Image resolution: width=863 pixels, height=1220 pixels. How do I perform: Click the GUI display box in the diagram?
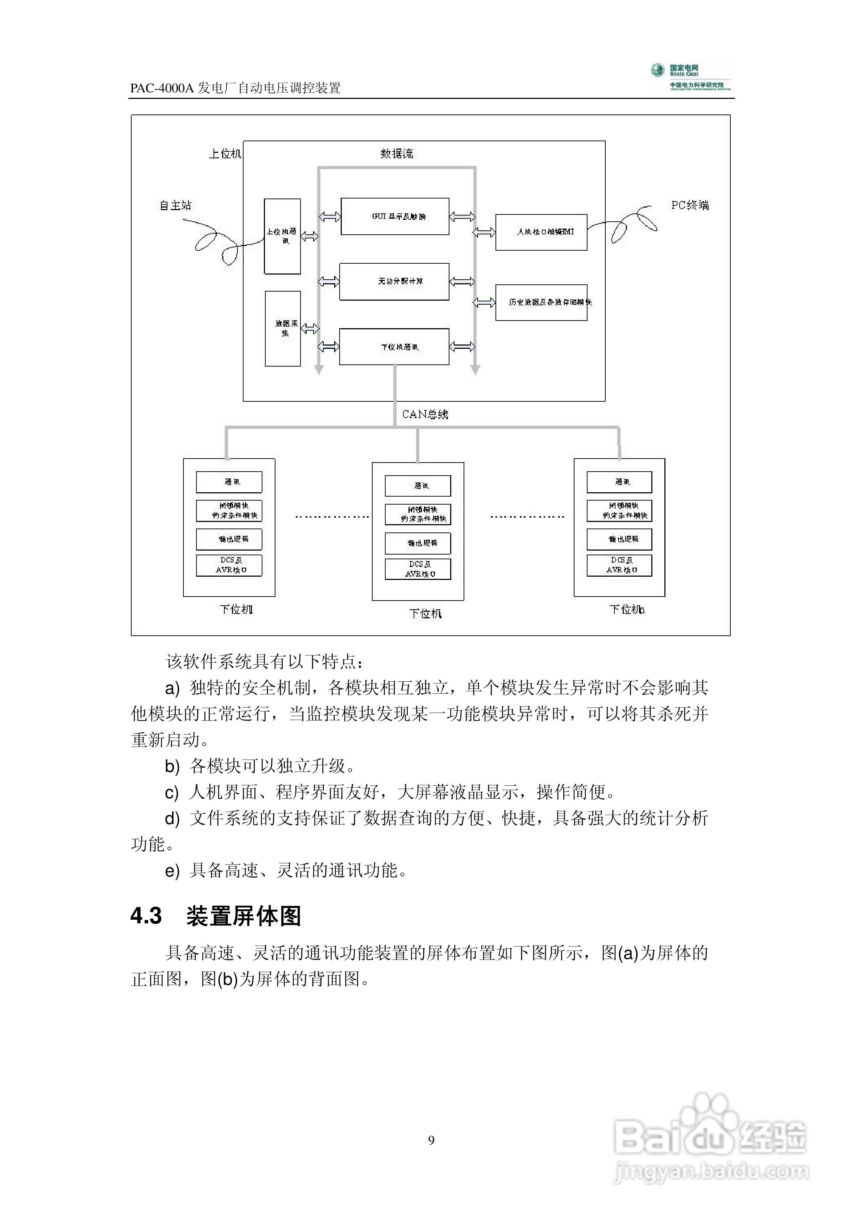(395, 216)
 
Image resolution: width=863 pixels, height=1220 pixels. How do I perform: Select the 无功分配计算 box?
(394, 281)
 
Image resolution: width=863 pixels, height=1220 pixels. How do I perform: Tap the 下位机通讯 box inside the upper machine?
(394, 346)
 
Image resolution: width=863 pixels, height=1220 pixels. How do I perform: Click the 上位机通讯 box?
(282, 237)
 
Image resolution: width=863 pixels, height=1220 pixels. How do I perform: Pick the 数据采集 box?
(283, 329)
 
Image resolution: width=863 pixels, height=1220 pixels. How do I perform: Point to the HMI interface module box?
(541, 232)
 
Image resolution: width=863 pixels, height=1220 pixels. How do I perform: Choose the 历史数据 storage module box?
(541, 302)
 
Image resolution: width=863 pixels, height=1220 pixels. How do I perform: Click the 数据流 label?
(397, 154)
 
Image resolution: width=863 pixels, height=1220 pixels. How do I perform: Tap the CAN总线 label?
(425, 414)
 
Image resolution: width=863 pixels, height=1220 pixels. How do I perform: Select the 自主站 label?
(175, 205)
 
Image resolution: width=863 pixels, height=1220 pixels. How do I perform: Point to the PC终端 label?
(690, 205)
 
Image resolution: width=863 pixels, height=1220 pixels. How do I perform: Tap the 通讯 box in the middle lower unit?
(418, 486)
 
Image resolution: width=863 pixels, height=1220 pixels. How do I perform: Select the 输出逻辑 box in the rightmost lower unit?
(619, 539)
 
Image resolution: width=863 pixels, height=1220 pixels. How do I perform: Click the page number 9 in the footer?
(431, 1140)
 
